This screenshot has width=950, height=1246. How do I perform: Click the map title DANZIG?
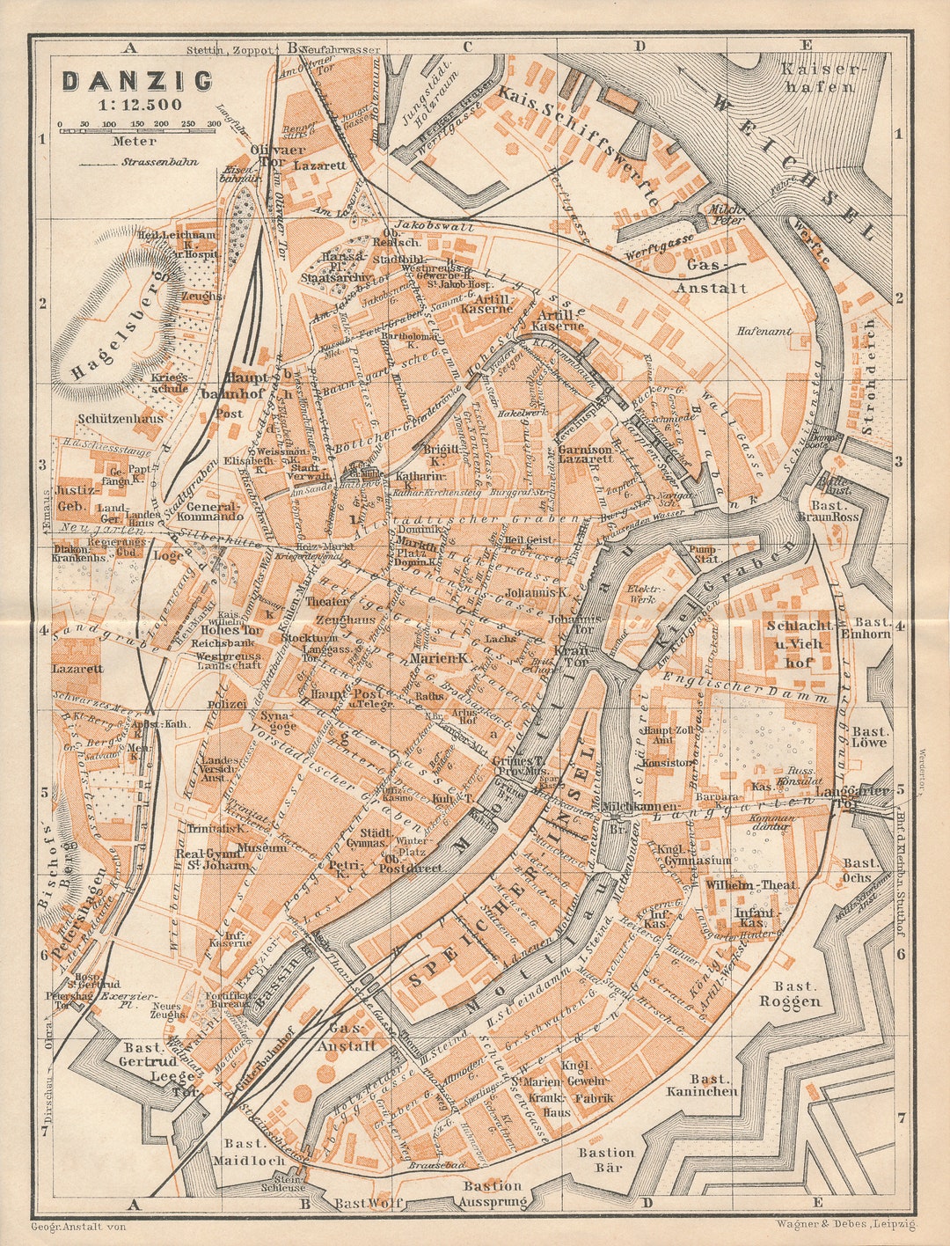point(137,82)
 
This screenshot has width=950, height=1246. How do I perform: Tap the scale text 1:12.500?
point(140,105)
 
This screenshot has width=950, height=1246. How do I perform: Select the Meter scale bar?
point(140,132)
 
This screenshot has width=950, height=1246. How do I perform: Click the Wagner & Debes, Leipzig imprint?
point(845,1224)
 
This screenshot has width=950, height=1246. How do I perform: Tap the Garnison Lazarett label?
point(585,453)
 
